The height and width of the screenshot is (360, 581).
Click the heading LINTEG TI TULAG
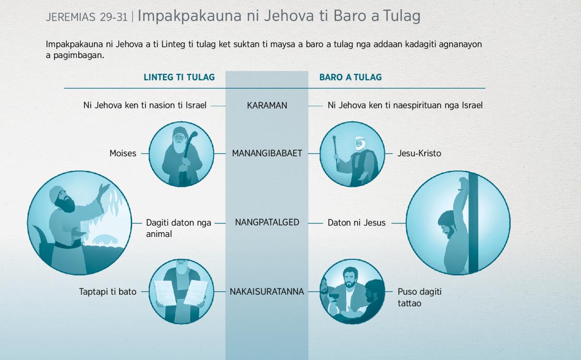[179, 77]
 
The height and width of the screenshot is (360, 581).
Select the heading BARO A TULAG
[351, 77]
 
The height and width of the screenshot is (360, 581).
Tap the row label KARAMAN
[267, 105]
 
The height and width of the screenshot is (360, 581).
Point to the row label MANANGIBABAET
[267, 153]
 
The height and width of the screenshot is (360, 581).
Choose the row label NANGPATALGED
[267, 223]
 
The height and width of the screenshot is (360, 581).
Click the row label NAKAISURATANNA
[267, 292]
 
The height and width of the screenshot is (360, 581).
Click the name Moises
[122, 153]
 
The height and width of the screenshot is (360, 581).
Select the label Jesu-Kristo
[419, 153]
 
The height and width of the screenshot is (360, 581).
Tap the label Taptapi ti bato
[107, 292]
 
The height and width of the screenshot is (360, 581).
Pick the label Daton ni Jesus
[356, 223]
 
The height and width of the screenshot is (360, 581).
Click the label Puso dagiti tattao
[419, 298]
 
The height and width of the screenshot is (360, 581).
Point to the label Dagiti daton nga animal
[179, 228]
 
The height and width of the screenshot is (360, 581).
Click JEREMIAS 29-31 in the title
[87, 17]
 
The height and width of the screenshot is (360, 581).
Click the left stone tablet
[165, 293]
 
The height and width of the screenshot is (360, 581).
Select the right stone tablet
[196, 293]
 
